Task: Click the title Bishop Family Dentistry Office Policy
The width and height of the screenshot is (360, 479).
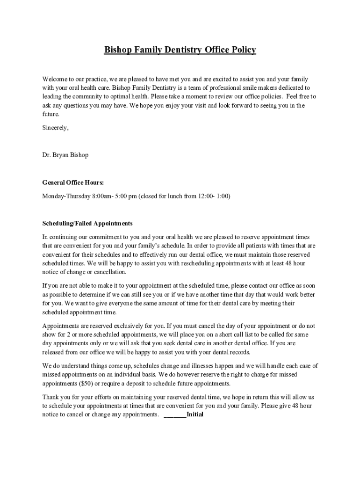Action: click(x=180, y=50)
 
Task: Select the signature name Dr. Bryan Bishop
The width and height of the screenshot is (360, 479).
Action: click(x=65, y=155)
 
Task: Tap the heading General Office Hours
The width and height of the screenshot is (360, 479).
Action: click(x=73, y=182)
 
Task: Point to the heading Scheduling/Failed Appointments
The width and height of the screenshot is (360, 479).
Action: click(x=87, y=224)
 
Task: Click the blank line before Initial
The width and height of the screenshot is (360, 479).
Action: click(x=175, y=415)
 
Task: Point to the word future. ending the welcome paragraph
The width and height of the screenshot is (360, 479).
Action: click(x=51, y=114)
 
